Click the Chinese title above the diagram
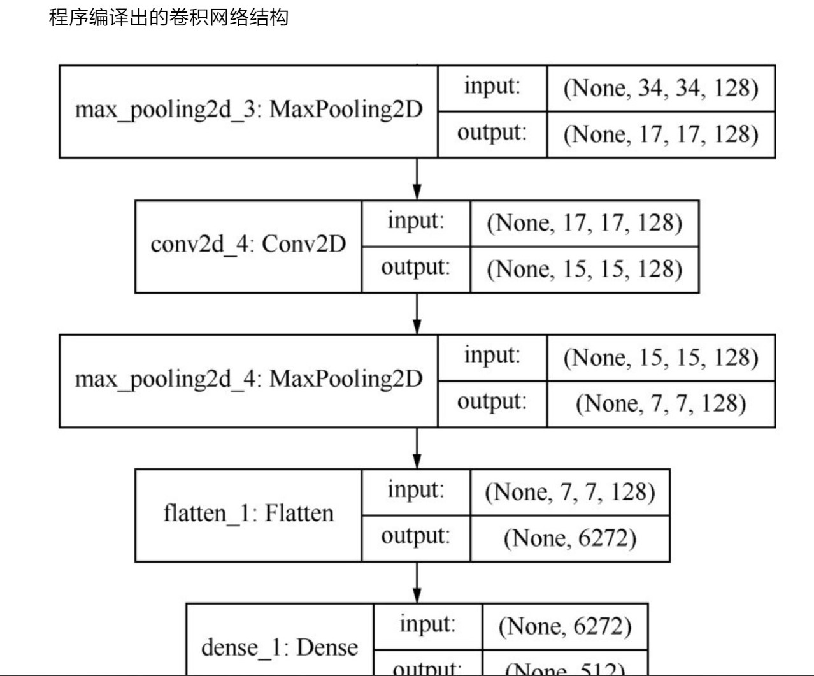pos(169,17)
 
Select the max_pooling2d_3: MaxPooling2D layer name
pos(248,110)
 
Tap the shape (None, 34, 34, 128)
pos(660,88)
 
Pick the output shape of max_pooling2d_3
pos(660,134)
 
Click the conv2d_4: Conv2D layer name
pos(248,244)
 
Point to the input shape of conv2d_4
pos(584,223)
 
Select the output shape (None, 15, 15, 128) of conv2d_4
pos(584,270)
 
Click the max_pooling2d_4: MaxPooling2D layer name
pos(248,379)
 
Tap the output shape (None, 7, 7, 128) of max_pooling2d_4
pos(660,404)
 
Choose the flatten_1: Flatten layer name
pos(248,514)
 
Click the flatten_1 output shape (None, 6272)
pos(569,538)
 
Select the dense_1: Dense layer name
pos(280,647)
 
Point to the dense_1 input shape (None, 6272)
pos(565,626)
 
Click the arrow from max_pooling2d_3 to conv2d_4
pos(417,180)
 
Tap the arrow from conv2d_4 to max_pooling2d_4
pos(417,314)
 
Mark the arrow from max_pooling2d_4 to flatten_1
pos(417,449)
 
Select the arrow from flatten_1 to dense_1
pos(417,583)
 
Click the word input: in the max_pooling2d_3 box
pos(492,86)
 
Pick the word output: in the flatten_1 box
pos(415,536)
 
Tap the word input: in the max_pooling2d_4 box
pos(492,356)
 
